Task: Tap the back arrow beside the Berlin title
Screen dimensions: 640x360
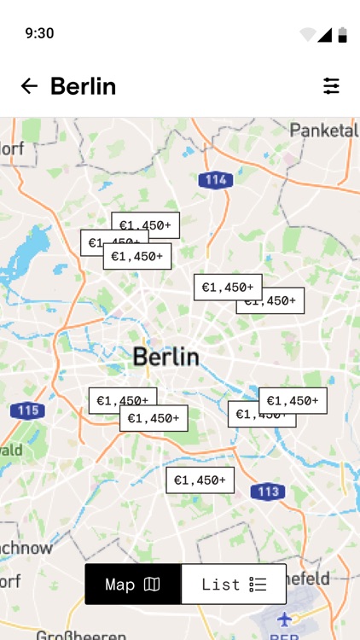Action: [29, 86]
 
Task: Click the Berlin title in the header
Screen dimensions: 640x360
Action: [83, 86]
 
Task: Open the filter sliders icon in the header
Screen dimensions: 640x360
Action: [331, 86]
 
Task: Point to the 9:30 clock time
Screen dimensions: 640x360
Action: [39, 33]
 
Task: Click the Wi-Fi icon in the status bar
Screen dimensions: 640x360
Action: [307, 35]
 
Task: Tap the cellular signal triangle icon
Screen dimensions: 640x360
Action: [325, 34]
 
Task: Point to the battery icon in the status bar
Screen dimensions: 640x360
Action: [342, 34]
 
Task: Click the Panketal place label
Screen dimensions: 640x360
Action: [323, 131]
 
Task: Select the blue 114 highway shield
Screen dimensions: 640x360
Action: [216, 180]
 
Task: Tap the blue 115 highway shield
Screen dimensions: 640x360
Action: [28, 410]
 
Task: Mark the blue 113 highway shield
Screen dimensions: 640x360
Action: [267, 492]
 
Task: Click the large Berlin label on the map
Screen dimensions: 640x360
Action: [165, 357]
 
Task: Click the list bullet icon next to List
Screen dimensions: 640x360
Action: [258, 585]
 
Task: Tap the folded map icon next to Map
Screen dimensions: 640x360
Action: [152, 585]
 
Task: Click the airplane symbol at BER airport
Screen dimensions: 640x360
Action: [284, 618]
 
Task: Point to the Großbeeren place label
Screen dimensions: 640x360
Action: [80, 635]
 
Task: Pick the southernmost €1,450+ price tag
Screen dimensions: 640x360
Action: [200, 480]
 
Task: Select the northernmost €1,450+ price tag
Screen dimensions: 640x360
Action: [145, 225]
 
